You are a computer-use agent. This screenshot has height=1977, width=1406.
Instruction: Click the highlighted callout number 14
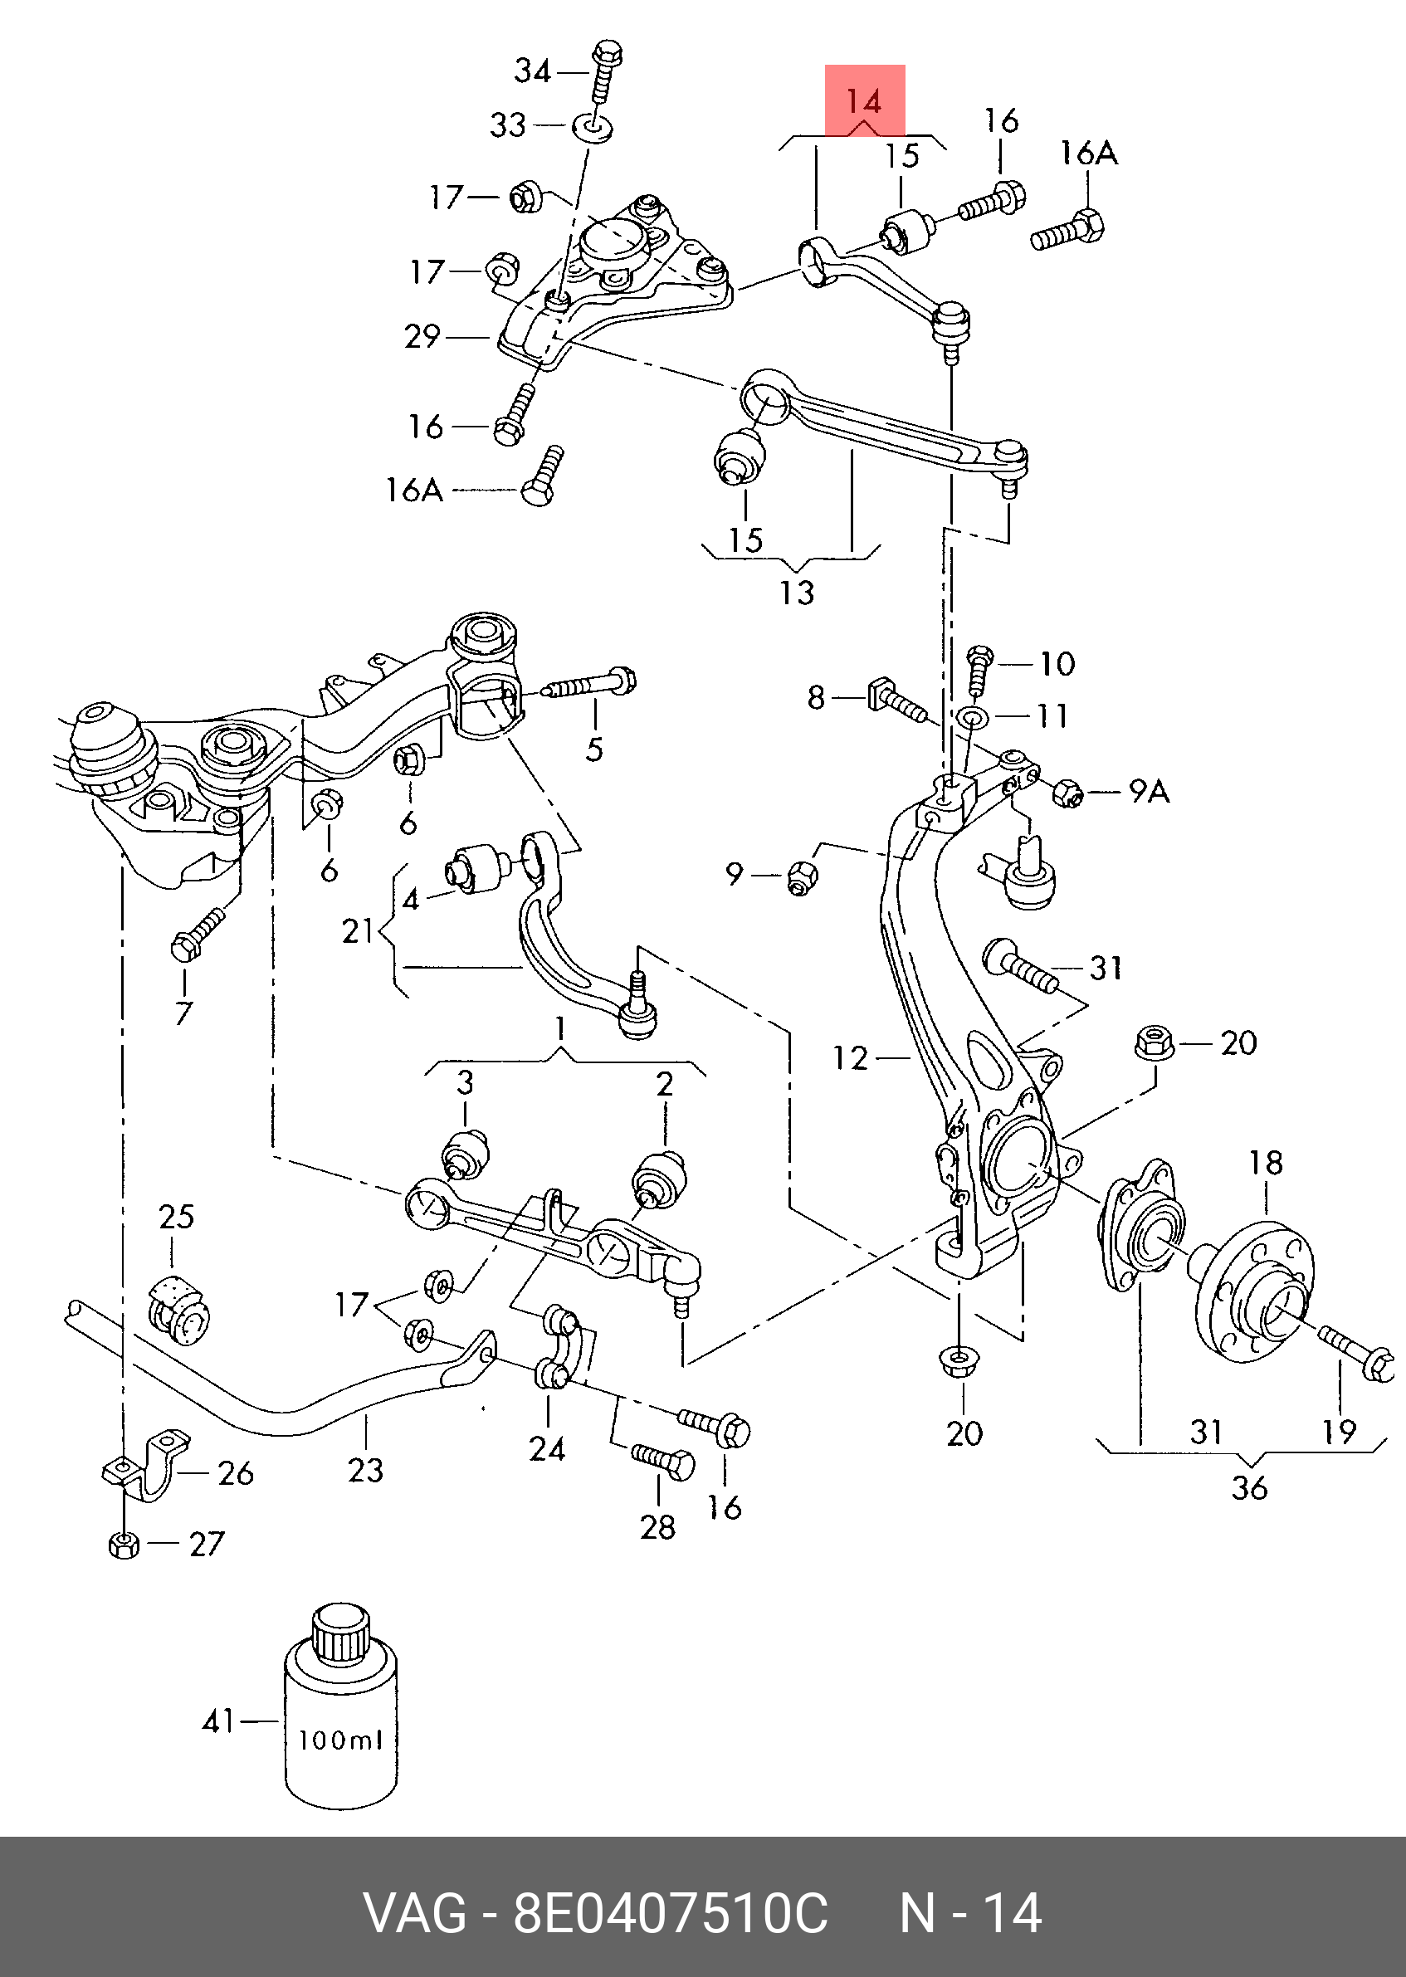pyautogui.click(x=863, y=102)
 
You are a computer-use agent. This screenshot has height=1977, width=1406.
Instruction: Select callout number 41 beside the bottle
pyautogui.click(x=218, y=1721)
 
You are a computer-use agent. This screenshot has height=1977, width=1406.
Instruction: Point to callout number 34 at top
pyautogui.click(x=533, y=70)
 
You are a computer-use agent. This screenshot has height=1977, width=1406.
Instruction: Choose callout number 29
pyautogui.click(x=422, y=336)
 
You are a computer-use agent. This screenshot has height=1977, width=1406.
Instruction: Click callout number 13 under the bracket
pyautogui.click(x=797, y=593)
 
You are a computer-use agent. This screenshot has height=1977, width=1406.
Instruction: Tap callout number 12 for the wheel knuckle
pyautogui.click(x=849, y=1057)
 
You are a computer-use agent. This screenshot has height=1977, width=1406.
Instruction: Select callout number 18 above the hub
pyautogui.click(x=1265, y=1163)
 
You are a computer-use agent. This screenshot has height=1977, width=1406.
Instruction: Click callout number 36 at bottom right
pyautogui.click(x=1249, y=1488)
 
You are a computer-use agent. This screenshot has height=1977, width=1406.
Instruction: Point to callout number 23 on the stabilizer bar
pyautogui.click(x=365, y=1470)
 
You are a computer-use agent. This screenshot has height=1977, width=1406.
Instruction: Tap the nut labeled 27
pyautogui.click(x=124, y=1545)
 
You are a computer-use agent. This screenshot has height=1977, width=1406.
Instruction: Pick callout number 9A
pyautogui.click(x=1149, y=791)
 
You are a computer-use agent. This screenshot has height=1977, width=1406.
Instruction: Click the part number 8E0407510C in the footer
pyautogui.click(x=671, y=1913)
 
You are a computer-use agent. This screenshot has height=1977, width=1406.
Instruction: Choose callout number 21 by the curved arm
pyautogui.click(x=358, y=930)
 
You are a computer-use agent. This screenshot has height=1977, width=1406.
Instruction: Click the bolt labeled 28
pyautogui.click(x=662, y=1462)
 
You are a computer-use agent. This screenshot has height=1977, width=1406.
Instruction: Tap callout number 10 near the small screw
pyautogui.click(x=1057, y=664)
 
